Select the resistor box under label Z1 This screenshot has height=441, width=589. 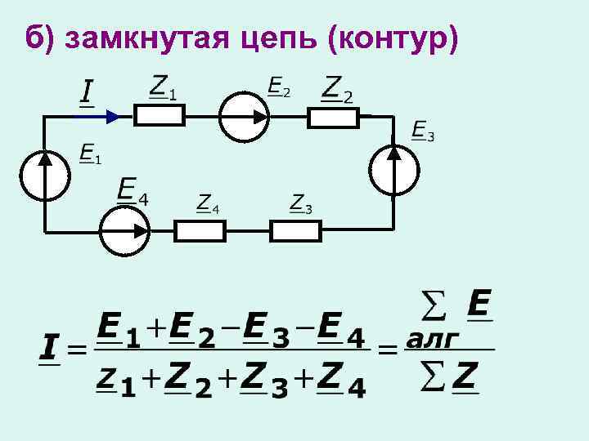pyautogui.click(x=159, y=117)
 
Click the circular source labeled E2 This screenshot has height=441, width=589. pyautogui.click(x=244, y=117)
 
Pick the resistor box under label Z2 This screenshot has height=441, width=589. pyautogui.click(x=333, y=118)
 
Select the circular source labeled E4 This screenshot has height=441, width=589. pyautogui.click(x=124, y=230)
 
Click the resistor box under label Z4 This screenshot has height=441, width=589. pyautogui.click(x=200, y=231)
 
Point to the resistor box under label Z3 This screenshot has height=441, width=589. pyautogui.click(x=296, y=231)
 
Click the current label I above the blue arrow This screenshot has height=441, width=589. pyautogui.click(x=85, y=92)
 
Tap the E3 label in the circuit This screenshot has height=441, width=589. pyautogui.click(x=422, y=131)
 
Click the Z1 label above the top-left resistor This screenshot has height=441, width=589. pyautogui.click(x=163, y=87)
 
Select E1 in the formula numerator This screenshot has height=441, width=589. pyautogui.click(x=119, y=330)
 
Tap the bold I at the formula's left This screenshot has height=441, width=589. pyautogui.click(x=50, y=351)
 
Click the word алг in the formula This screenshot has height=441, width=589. pyautogui.click(x=434, y=336)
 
